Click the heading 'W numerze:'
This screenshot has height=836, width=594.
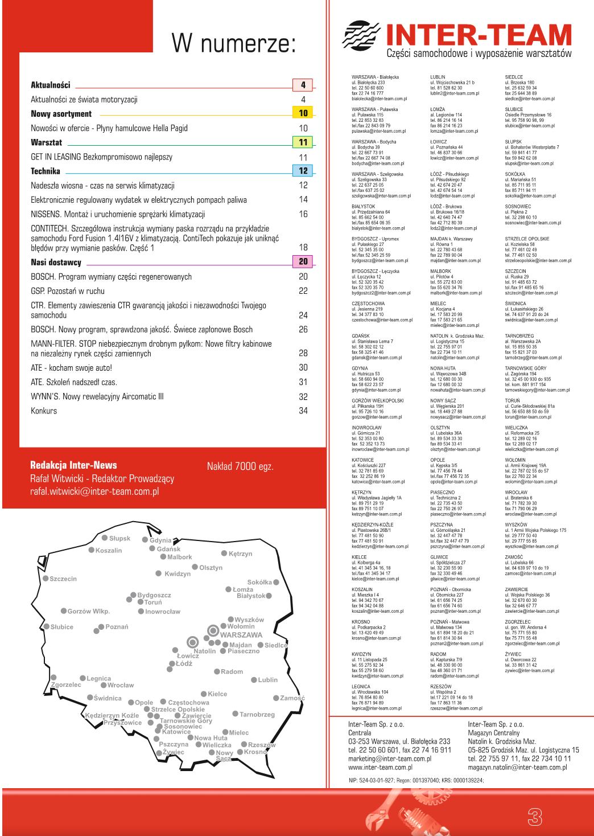[x=234, y=43]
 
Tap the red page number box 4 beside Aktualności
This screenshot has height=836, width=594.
[x=303, y=85]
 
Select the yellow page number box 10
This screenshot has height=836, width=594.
[x=303, y=114]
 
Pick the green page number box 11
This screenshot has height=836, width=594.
[x=303, y=142]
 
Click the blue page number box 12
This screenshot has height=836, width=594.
[x=303, y=171]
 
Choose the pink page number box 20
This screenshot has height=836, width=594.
[x=303, y=262]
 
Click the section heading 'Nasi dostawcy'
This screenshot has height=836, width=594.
[x=56, y=263]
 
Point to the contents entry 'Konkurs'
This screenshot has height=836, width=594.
[x=44, y=411]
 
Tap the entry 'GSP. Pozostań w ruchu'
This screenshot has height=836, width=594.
[x=68, y=291]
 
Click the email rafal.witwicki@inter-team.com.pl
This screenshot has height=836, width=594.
[x=94, y=491]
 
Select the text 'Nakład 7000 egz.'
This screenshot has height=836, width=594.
[x=240, y=466]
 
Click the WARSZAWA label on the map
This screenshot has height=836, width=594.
[x=241, y=634]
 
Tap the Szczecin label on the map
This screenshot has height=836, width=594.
[x=63, y=579]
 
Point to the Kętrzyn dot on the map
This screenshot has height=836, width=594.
[x=224, y=553]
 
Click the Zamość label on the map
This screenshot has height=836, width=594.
[x=292, y=698]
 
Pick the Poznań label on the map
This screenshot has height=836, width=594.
[x=117, y=627]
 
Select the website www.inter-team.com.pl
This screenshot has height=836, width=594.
[x=380, y=767]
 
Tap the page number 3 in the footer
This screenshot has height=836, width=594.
[x=535, y=816]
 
